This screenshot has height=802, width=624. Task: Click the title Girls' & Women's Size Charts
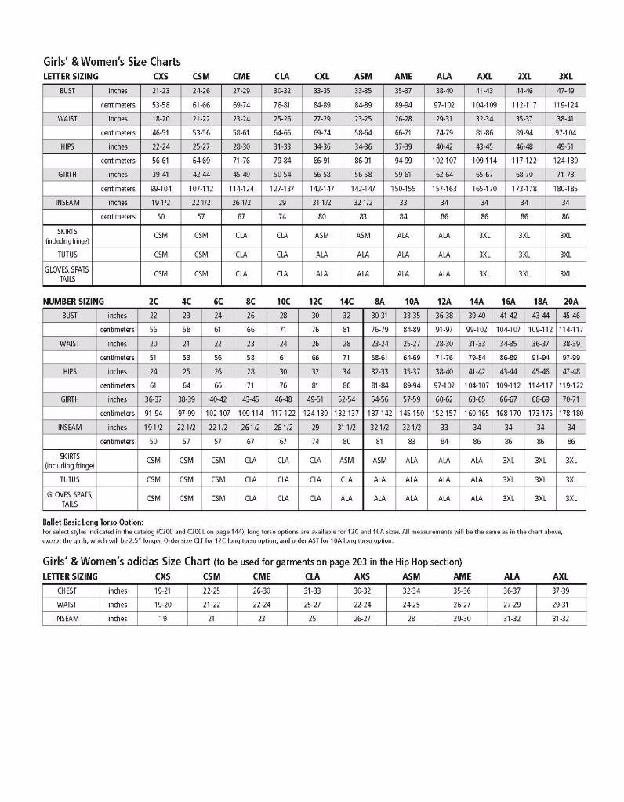(111, 61)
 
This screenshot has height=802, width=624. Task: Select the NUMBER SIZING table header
(73, 302)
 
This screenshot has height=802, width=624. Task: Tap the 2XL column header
(524, 77)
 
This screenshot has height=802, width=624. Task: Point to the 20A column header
(571, 302)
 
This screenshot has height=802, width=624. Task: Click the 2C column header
(153, 302)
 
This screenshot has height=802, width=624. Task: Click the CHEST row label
(67, 591)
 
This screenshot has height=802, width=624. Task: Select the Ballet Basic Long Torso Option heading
(93, 522)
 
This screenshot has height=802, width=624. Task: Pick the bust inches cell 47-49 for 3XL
(565, 91)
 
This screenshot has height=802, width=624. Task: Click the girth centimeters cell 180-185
(565, 189)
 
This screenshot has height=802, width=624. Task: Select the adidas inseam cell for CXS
(162, 619)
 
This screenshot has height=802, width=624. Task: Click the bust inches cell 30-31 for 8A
(379, 316)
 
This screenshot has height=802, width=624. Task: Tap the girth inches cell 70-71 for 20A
(571, 399)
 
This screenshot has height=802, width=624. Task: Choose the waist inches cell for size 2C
(153, 344)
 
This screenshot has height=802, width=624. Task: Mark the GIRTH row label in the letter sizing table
(67, 175)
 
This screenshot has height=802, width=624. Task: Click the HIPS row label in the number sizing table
(70, 372)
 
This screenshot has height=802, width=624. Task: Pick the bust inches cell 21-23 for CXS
(161, 91)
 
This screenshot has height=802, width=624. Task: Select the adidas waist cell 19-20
(162, 605)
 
